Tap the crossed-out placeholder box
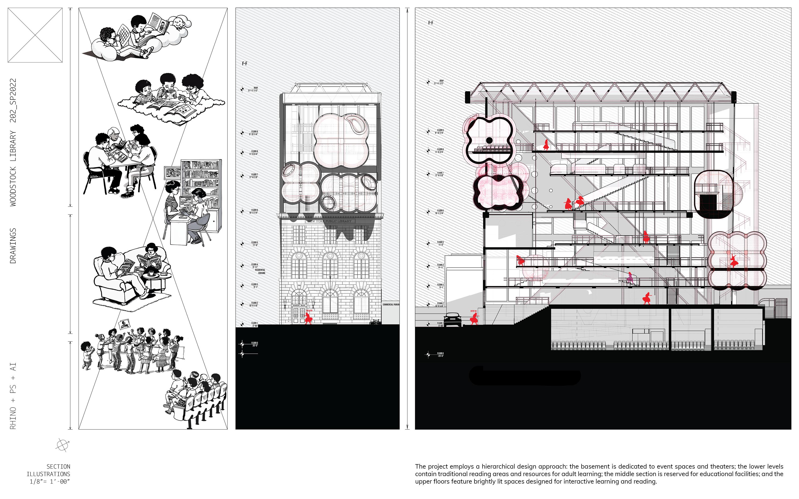(x=35, y=35)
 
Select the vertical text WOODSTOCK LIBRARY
(x=13, y=168)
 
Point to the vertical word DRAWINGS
(x=13, y=246)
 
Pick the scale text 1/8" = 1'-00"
(x=50, y=481)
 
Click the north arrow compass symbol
(x=63, y=445)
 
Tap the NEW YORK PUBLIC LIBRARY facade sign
(x=330, y=221)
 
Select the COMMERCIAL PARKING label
(x=390, y=305)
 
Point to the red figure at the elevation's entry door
(x=308, y=318)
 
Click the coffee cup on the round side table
(x=151, y=273)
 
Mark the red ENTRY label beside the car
(x=473, y=311)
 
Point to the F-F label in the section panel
(x=431, y=23)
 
